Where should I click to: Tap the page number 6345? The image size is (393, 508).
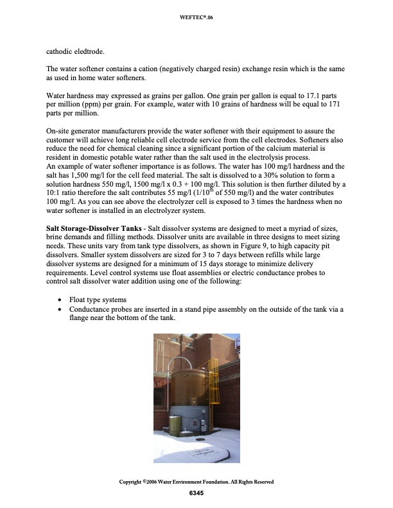coord(197,493)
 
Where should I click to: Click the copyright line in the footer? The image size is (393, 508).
coord(197,482)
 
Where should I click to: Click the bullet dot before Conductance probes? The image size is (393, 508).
coord(60,310)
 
